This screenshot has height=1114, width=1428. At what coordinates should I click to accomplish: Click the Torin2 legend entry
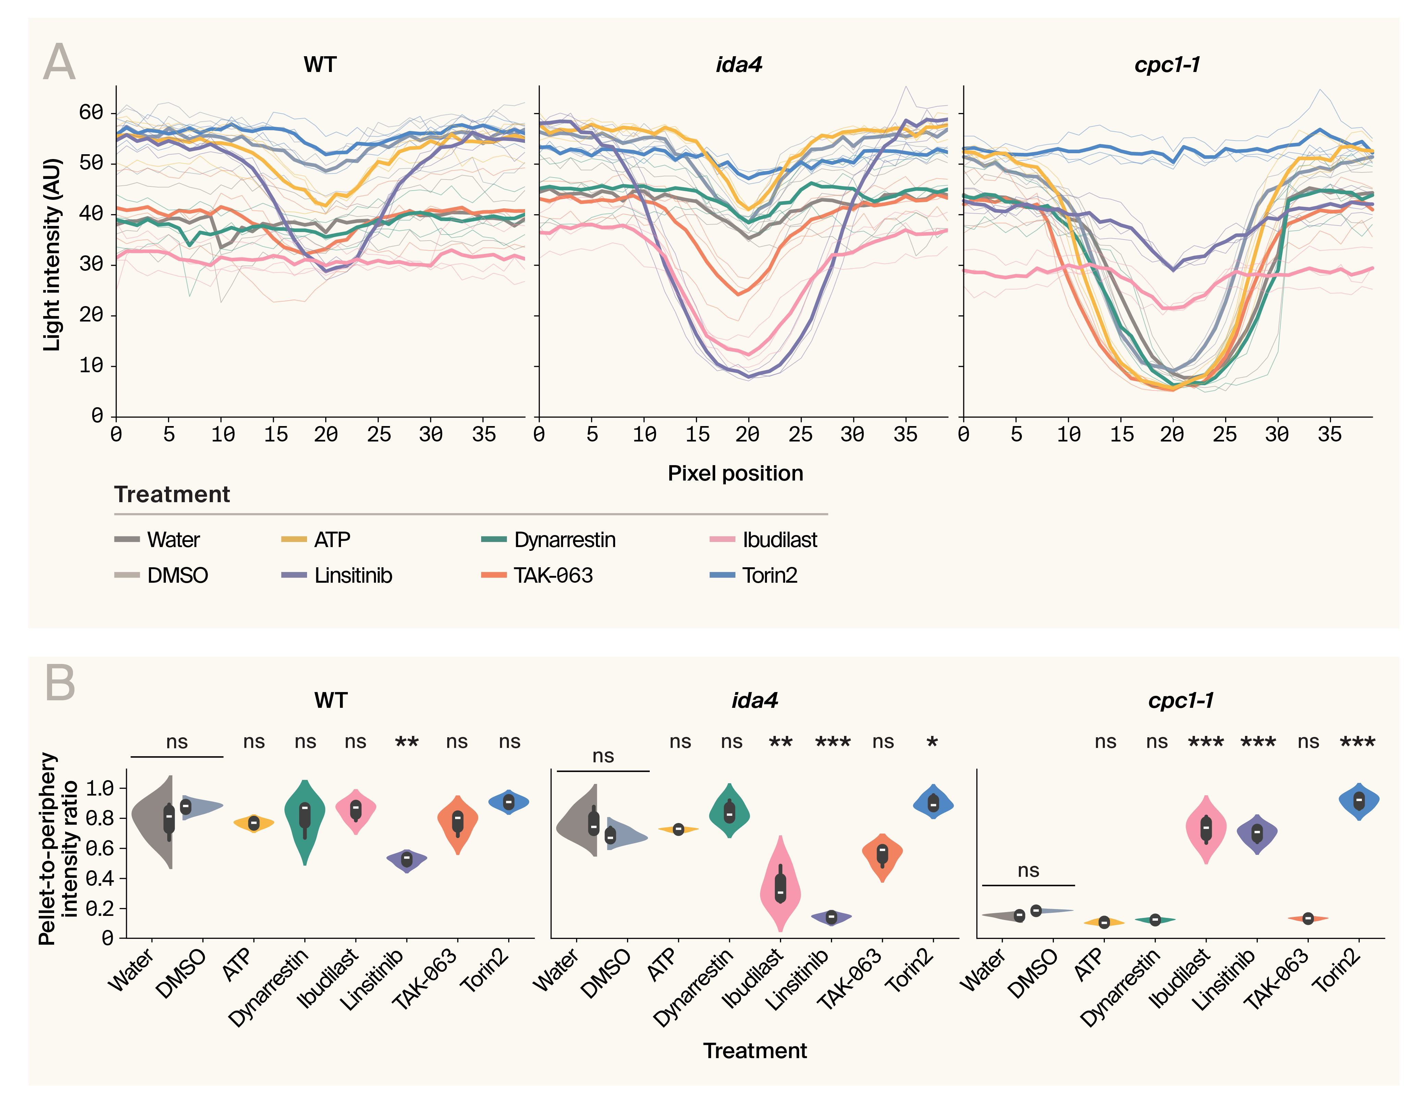(769, 576)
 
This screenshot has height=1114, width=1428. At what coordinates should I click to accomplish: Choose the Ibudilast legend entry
(779, 540)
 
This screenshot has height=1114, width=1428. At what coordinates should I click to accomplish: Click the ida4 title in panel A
(739, 65)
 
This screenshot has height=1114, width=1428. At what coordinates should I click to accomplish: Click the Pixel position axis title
(735, 473)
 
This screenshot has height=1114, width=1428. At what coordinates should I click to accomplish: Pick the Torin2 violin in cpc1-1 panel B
(1359, 801)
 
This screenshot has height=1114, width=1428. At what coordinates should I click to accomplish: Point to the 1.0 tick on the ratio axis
(99, 788)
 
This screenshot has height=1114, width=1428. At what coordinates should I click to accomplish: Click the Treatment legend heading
(172, 495)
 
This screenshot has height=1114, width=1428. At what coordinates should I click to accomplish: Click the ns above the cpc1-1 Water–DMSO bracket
(1028, 871)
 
